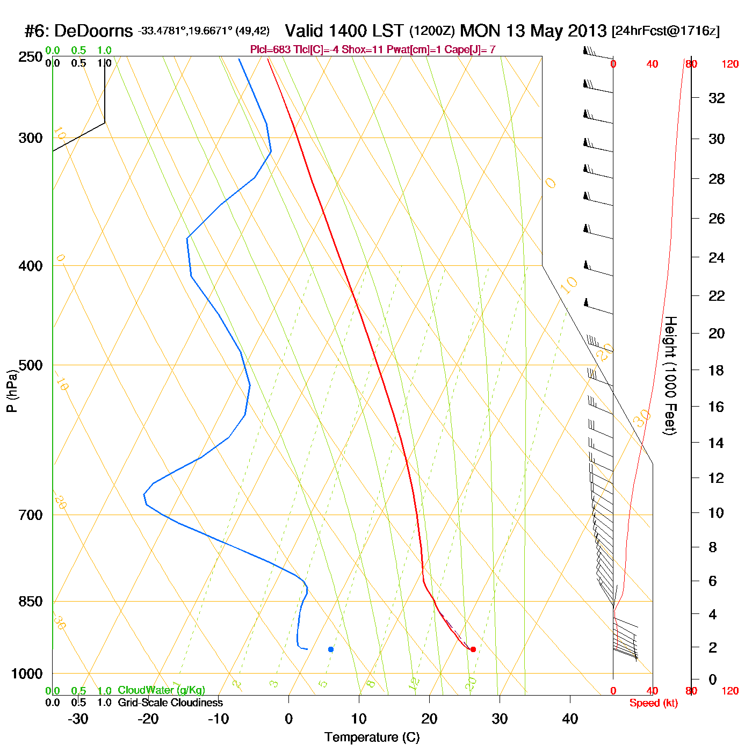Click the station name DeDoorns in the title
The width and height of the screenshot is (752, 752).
tap(93, 31)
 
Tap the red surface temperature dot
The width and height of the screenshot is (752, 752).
tap(473, 649)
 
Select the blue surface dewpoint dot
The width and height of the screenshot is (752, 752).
tap(331, 649)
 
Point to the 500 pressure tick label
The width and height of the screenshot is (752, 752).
tap(31, 365)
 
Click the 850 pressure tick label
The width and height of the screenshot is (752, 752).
tap(31, 602)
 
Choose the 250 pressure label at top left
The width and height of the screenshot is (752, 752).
tap(31, 57)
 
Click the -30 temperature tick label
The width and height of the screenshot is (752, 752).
tap(78, 719)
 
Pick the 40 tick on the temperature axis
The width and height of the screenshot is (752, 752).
tap(570, 719)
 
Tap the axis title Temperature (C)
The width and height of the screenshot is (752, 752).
tap(372, 737)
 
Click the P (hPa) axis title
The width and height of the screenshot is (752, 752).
tap(12, 391)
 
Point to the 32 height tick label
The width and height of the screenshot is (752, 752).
tap(717, 98)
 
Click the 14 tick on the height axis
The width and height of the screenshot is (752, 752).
tap(717, 443)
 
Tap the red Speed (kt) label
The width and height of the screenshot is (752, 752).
tap(653, 703)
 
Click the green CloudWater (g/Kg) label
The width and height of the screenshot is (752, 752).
tap(161, 690)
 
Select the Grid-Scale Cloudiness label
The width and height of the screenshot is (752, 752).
tap(170, 703)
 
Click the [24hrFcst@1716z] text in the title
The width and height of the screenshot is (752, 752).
tap(666, 31)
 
